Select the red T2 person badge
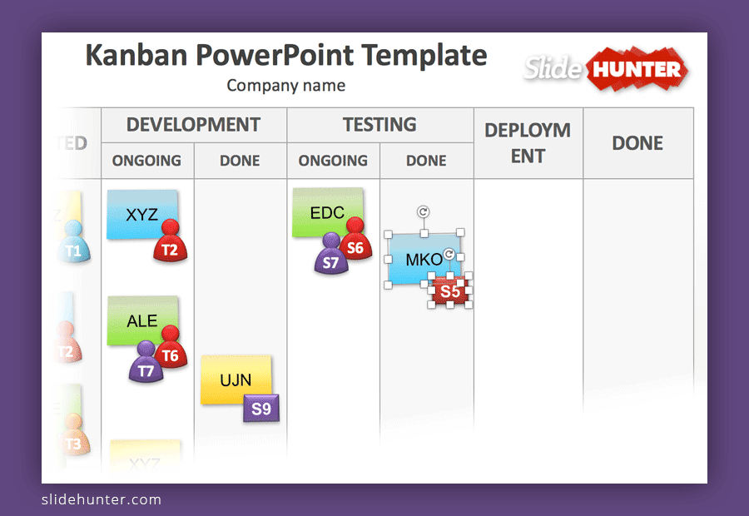[x=169, y=244]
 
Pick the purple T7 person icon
[x=146, y=365]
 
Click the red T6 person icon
[x=170, y=350]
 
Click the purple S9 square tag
[x=261, y=408]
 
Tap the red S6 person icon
[x=355, y=241]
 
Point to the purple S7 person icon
[x=331, y=256]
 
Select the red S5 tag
[x=450, y=291]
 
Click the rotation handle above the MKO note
[x=424, y=212]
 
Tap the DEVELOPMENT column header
[x=193, y=125]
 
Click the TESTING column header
[x=379, y=125]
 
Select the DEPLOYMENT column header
[x=528, y=142]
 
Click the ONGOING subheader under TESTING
[x=333, y=161]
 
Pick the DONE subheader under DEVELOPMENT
[x=240, y=161]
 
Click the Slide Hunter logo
[x=606, y=69]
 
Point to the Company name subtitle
[x=285, y=85]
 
